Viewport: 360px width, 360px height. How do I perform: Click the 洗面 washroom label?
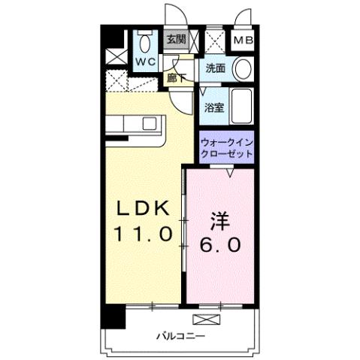pyautogui.click(x=216, y=68)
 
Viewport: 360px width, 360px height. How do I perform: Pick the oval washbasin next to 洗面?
pyautogui.click(x=243, y=69)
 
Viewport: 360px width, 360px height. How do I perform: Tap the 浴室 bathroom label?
pyautogui.click(x=213, y=107)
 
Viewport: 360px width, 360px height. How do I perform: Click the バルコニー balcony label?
pyautogui.click(x=180, y=334)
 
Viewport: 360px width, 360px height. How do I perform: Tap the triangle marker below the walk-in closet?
pyautogui.click(x=229, y=173)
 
